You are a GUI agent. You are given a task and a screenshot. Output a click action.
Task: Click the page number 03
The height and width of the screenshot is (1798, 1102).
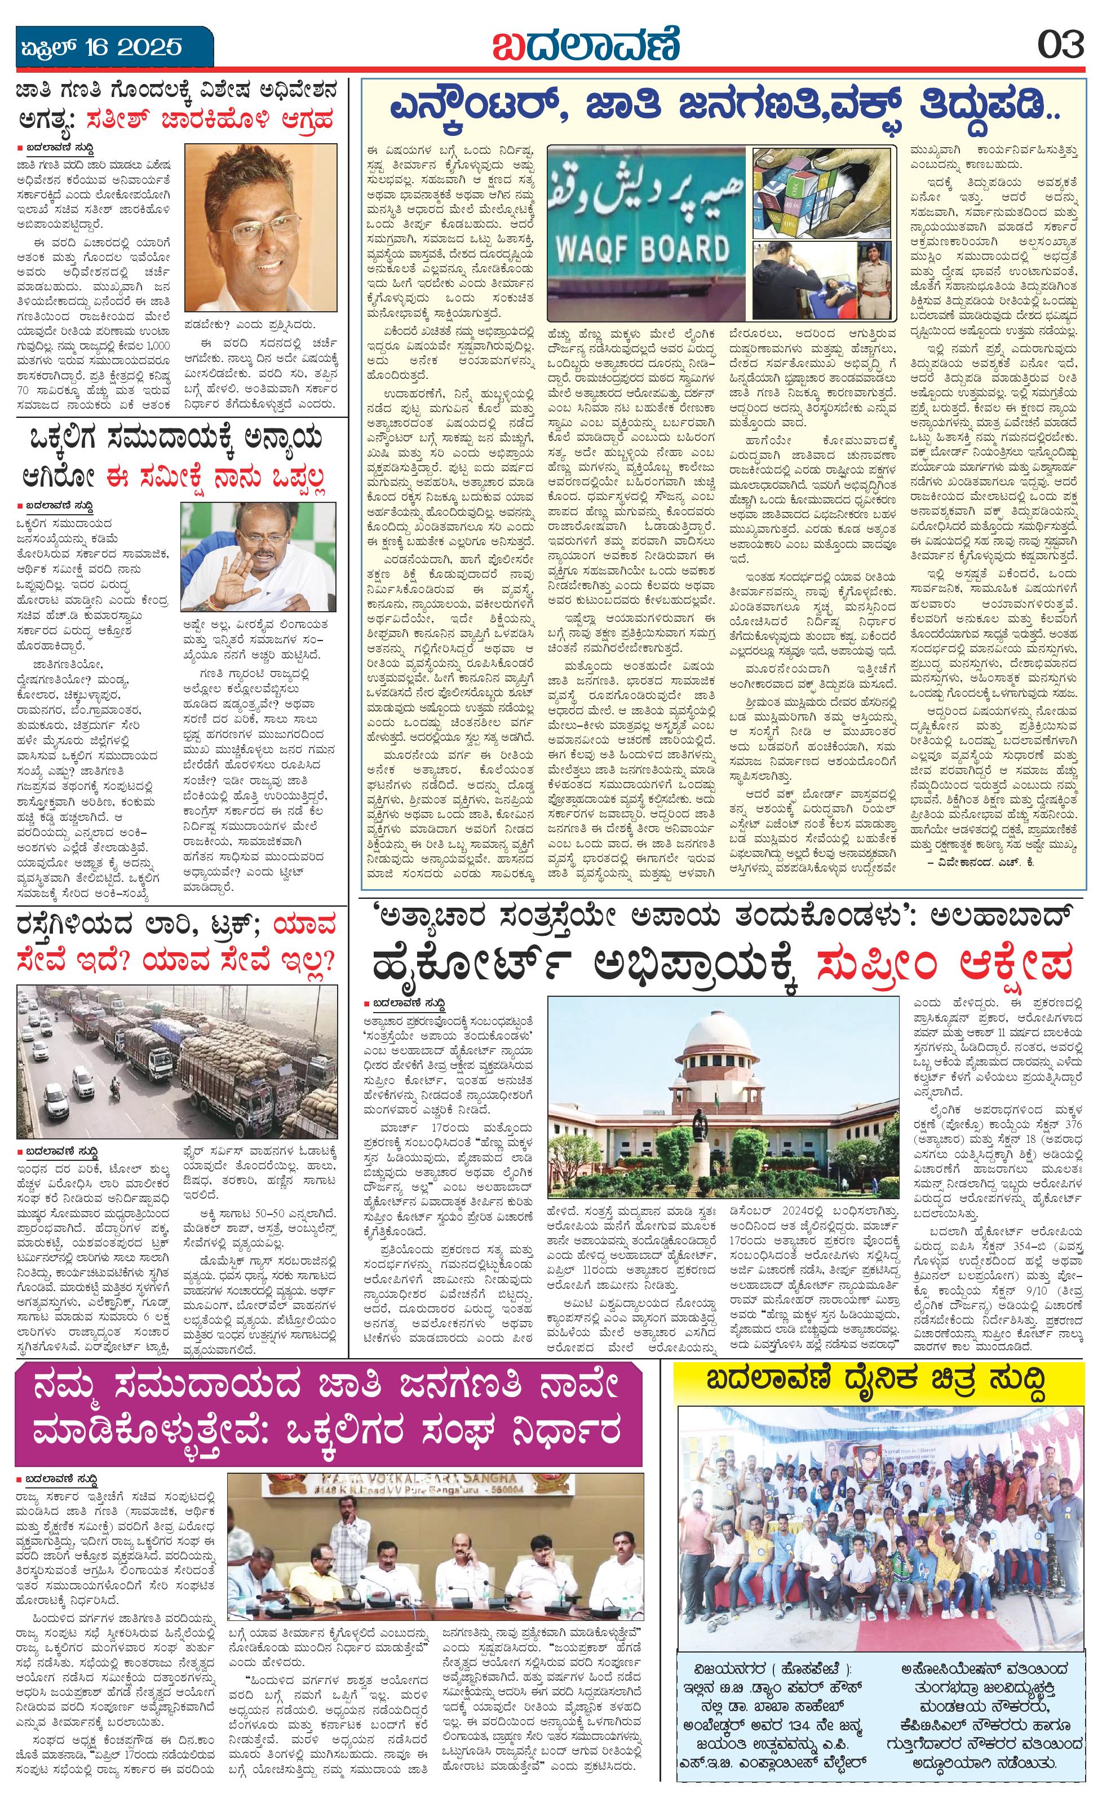[1061, 45]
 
